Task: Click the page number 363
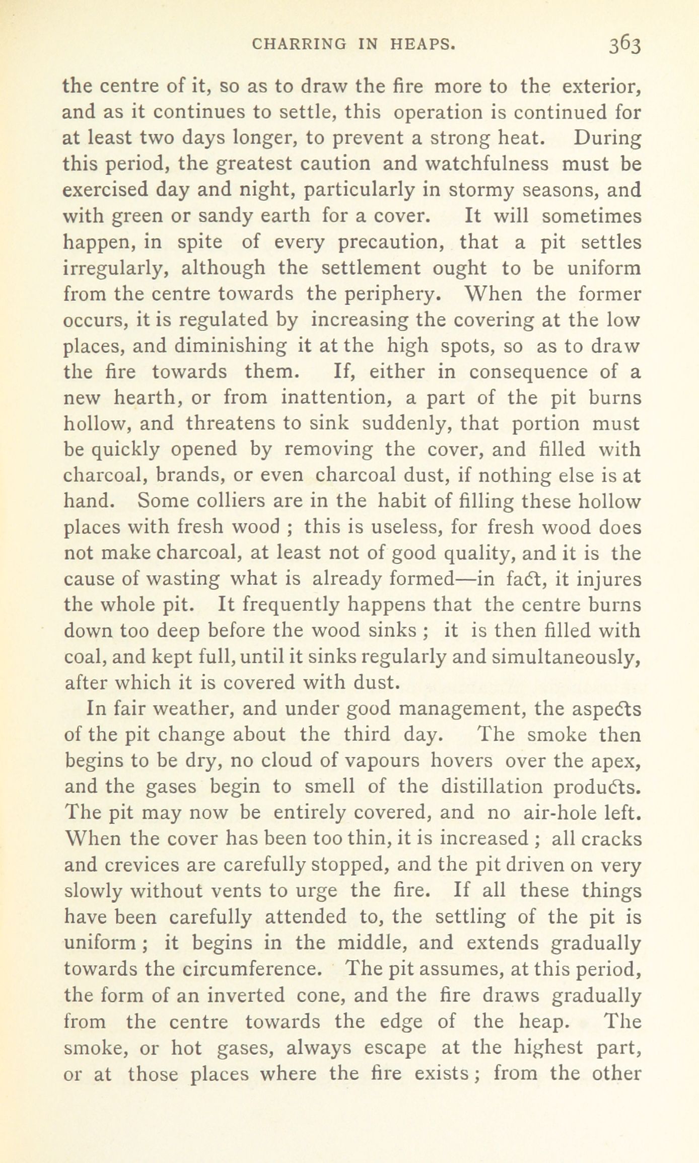[x=624, y=45]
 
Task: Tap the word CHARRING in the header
[x=299, y=45]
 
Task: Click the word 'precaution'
[x=391, y=243]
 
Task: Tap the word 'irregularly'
[x=114, y=269]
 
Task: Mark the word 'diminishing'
[x=231, y=346]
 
